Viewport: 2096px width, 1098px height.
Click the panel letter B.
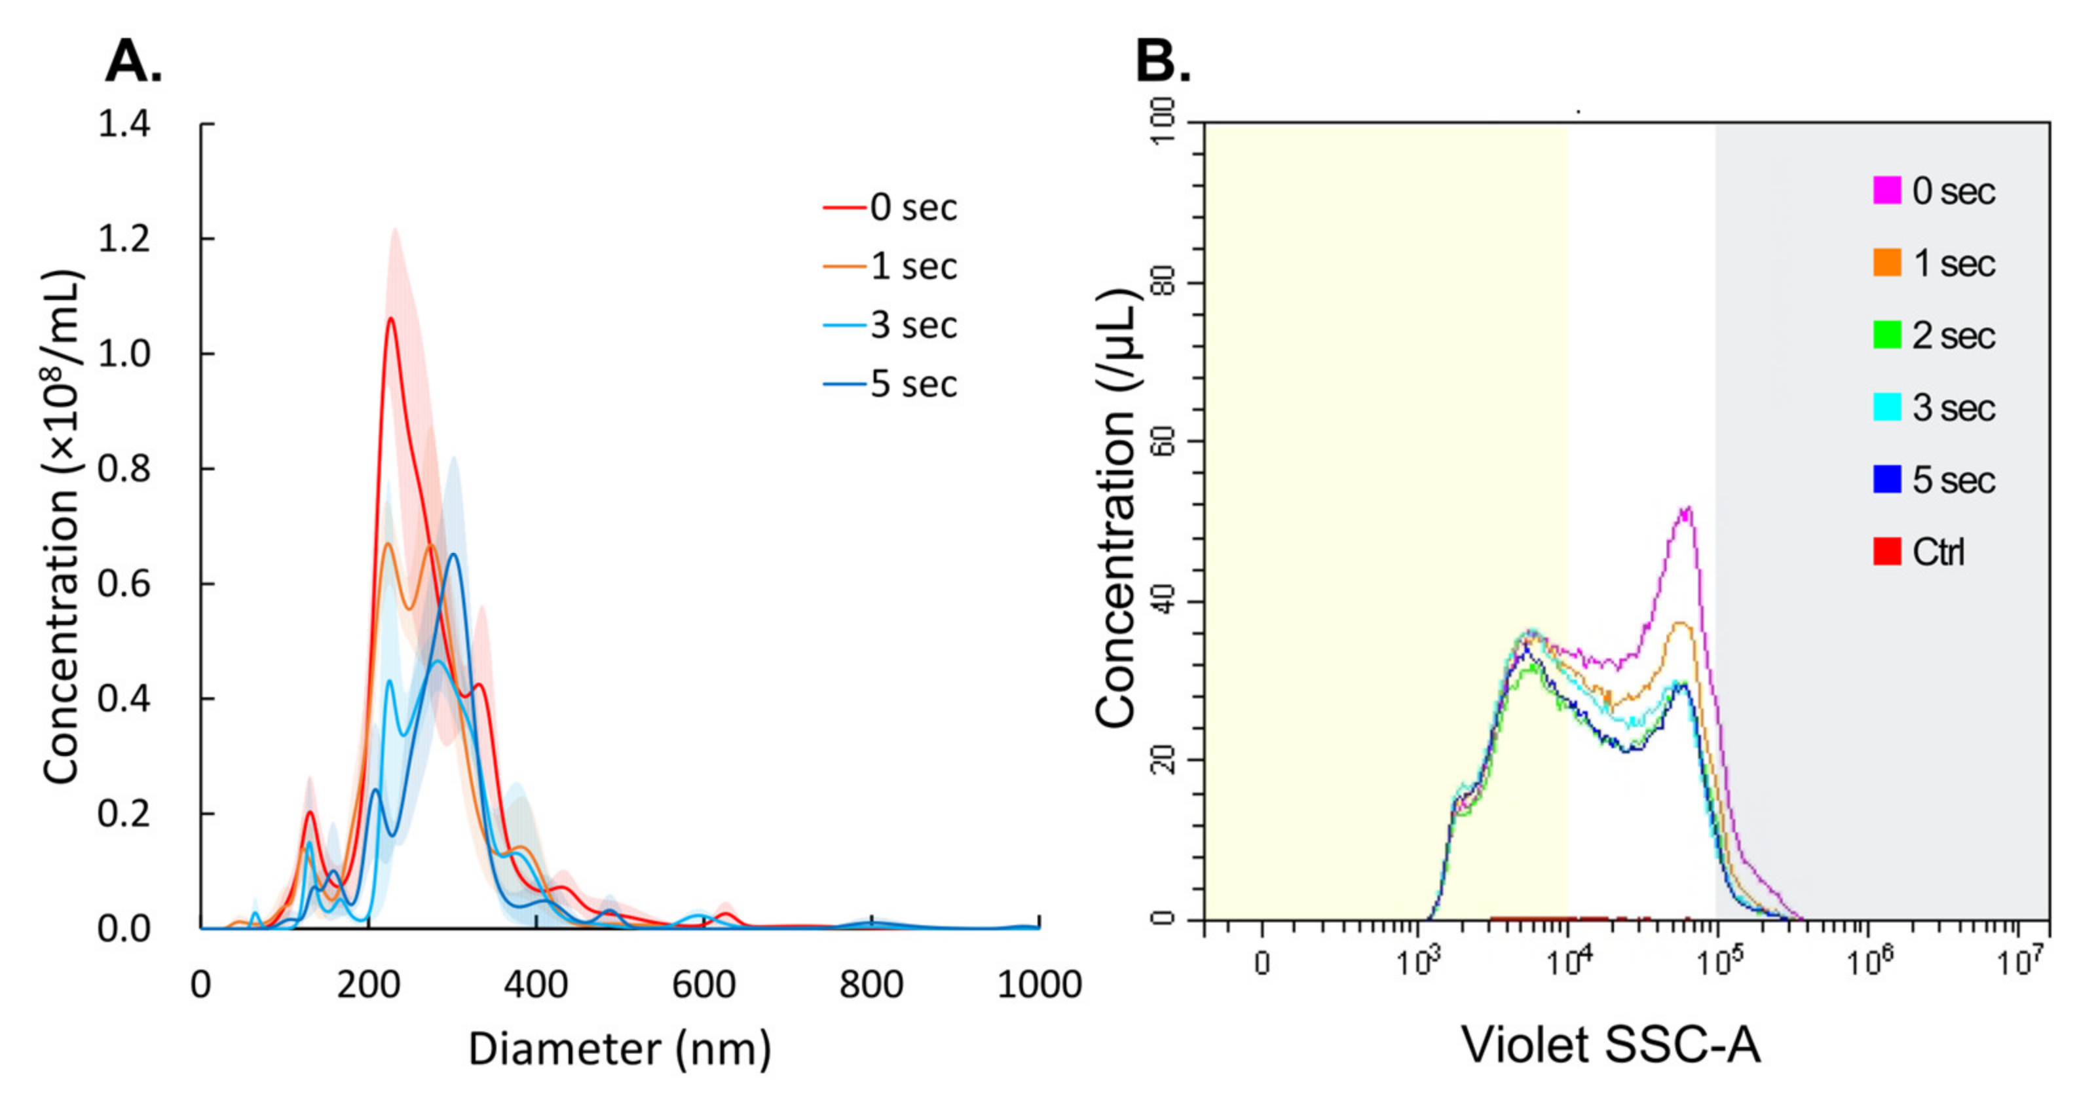[x=1162, y=63]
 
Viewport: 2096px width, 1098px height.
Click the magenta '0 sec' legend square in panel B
[x=1887, y=191]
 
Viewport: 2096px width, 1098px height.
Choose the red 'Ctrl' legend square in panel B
[x=1887, y=552]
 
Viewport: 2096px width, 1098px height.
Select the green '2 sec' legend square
[x=1887, y=335]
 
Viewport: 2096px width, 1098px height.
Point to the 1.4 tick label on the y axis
[x=124, y=124]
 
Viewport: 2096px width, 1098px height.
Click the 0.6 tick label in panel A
[x=124, y=584]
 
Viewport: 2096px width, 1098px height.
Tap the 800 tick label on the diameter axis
[x=870, y=985]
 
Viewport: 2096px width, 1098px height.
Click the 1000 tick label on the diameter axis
[x=1039, y=985]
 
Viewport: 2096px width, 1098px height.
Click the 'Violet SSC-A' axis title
[x=1611, y=1045]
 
